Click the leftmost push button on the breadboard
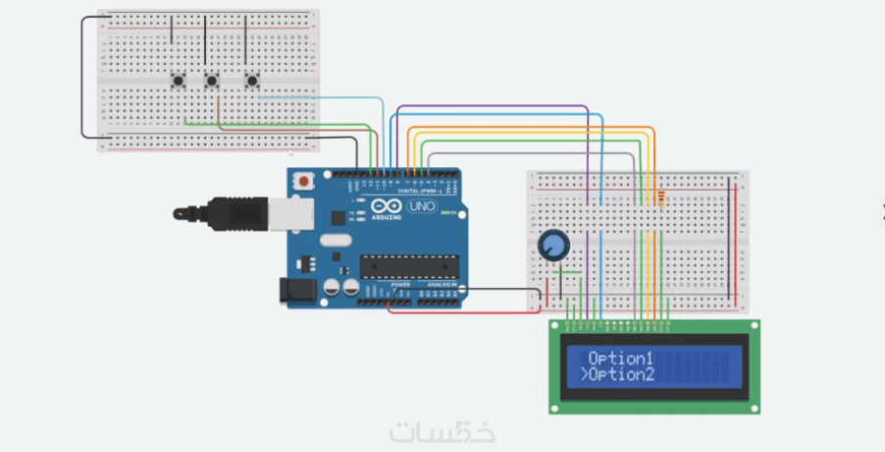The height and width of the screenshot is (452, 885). (179, 82)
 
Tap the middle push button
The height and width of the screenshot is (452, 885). (211, 82)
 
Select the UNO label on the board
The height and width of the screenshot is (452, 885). (421, 207)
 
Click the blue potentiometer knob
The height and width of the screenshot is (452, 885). (553, 244)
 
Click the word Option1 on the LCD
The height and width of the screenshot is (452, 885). (620, 357)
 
